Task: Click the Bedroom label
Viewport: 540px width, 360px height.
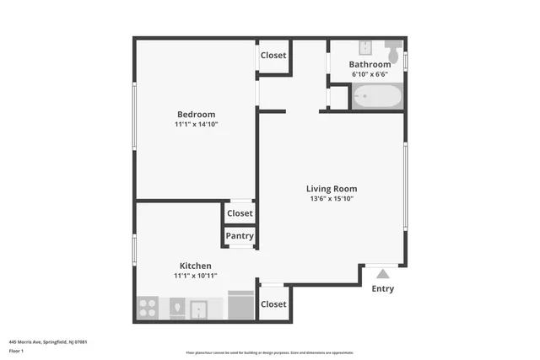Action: click(x=196, y=115)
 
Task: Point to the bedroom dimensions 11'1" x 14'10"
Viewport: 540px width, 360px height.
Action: click(x=196, y=125)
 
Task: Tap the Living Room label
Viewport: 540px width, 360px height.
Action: click(x=332, y=189)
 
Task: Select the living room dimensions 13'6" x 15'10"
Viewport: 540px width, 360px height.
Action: click(x=332, y=199)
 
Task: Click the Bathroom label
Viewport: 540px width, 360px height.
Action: click(x=370, y=64)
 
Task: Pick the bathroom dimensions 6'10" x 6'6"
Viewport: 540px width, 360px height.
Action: click(x=370, y=74)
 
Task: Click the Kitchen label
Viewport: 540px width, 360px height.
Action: click(x=195, y=266)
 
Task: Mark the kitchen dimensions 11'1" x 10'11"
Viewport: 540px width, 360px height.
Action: click(x=195, y=276)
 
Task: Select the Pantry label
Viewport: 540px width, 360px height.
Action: click(x=240, y=236)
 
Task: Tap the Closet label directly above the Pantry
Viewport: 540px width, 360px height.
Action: click(x=240, y=213)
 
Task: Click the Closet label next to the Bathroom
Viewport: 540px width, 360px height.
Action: click(x=273, y=56)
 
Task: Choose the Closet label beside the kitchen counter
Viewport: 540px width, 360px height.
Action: click(x=273, y=304)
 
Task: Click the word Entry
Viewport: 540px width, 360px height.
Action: click(x=383, y=289)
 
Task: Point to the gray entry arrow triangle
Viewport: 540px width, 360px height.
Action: click(x=383, y=273)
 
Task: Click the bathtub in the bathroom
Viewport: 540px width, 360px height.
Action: click(x=377, y=99)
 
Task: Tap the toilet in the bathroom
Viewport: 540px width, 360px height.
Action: click(x=394, y=47)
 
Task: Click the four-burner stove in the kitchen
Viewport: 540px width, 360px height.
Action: click(x=148, y=308)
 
